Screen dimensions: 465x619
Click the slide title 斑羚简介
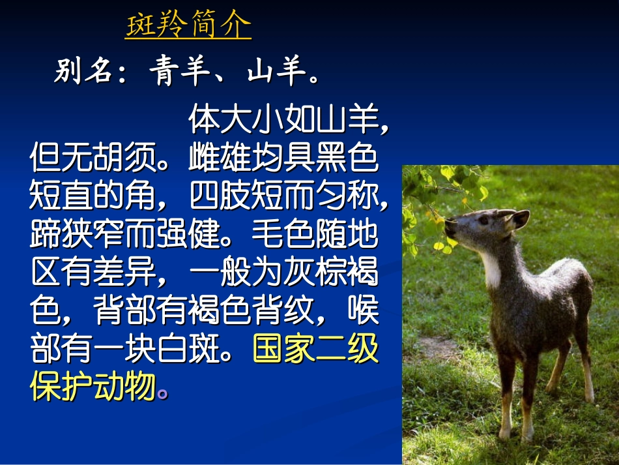pos(188,27)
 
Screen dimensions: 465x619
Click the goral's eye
pos(483,220)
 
